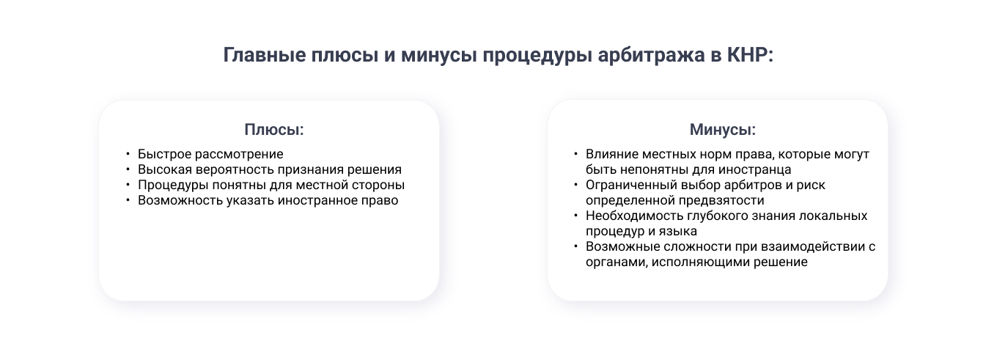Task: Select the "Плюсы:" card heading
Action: [x=274, y=130]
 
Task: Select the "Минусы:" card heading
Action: [x=723, y=130]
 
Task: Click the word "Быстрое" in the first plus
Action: [x=163, y=154]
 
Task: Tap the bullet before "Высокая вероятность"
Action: [x=128, y=169]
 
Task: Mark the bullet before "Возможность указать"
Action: [x=128, y=200]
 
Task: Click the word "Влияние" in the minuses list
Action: [x=610, y=154]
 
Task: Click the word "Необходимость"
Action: [x=632, y=216]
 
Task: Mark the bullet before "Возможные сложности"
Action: [x=576, y=246]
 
